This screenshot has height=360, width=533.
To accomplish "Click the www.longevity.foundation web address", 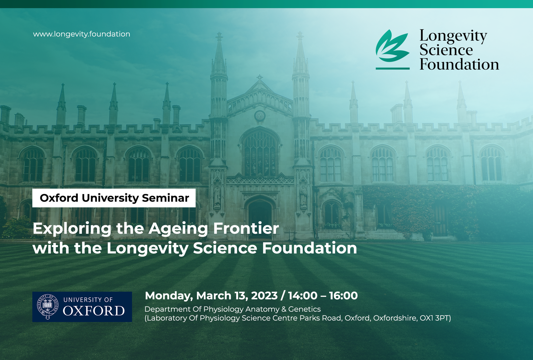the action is pyautogui.click(x=82, y=34).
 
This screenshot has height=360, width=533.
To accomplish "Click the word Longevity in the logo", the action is pyautogui.click(x=453, y=36).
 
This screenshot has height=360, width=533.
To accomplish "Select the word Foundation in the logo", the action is pyautogui.click(x=459, y=64).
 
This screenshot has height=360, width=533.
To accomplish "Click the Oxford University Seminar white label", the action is pyautogui.click(x=114, y=198).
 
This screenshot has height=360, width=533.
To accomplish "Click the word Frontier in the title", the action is pyautogui.click(x=246, y=228).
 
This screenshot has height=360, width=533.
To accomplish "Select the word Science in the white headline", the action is pyautogui.click(x=225, y=248).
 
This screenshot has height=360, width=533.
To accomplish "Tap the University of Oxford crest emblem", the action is pyautogui.click(x=48, y=306).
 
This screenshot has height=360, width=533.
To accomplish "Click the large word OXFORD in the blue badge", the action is pyautogui.click(x=94, y=311).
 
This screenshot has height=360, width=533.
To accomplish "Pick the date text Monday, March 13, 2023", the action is pyautogui.click(x=211, y=296).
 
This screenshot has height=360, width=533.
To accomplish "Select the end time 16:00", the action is pyautogui.click(x=343, y=296).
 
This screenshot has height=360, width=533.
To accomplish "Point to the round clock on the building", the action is pyautogui.click(x=260, y=116).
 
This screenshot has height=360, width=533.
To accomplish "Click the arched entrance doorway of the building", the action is pyautogui.click(x=260, y=219).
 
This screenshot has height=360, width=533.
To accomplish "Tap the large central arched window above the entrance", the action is pyautogui.click(x=260, y=152).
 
